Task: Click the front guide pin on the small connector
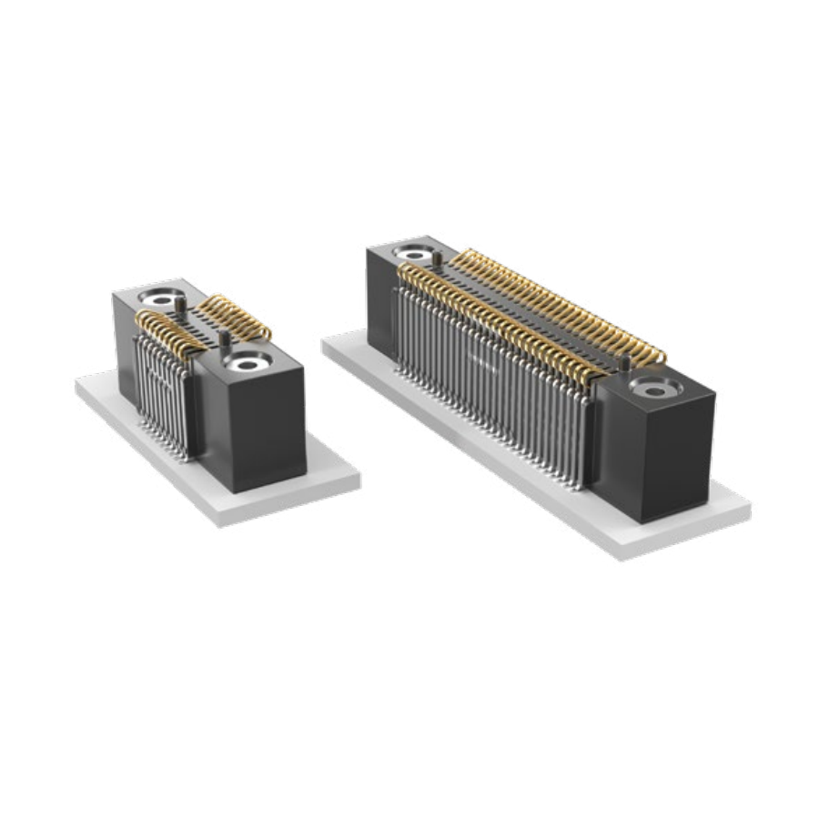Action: click(224, 341)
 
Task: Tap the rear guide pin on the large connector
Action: click(437, 260)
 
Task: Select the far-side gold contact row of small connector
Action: click(235, 316)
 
